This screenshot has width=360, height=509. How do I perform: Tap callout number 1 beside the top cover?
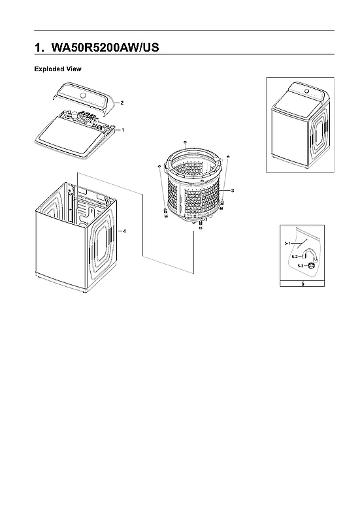click(123, 130)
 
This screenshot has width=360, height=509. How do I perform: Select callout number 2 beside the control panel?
click(122, 103)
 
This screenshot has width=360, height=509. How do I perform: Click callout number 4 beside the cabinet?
click(124, 231)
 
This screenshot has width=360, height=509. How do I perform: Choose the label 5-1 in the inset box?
click(287, 243)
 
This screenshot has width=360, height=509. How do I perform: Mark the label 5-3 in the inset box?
click(300, 266)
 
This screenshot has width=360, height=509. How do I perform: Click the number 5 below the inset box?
click(302, 284)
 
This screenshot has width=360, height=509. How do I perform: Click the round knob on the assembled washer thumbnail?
click(305, 91)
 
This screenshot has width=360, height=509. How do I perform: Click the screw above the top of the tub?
click(186, 141)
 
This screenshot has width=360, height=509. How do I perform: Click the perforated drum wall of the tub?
click(196, 199)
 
